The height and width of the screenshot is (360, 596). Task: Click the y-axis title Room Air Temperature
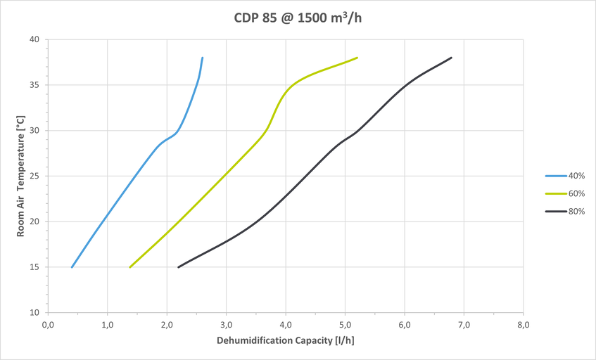pos(21,176)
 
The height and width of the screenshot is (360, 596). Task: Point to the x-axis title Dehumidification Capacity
pos(284,342)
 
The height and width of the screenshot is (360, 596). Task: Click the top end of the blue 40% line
pos(203,58)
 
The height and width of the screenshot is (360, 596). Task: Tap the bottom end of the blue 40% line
pos(72,267)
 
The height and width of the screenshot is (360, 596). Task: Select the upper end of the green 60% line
pos(357,58)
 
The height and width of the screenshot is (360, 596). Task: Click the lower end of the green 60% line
pos(130,267)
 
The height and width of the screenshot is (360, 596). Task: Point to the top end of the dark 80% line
pos(451,58)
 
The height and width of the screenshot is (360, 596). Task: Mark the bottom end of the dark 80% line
pos(178,267)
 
